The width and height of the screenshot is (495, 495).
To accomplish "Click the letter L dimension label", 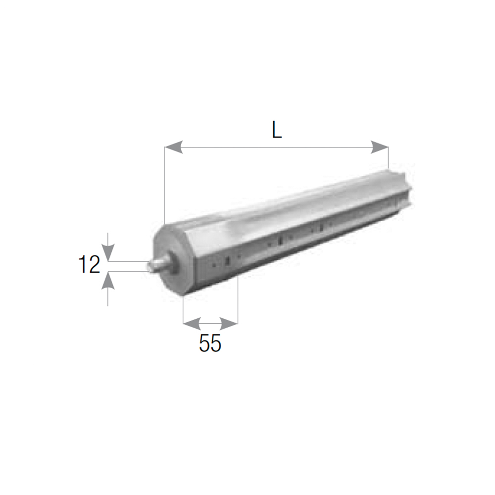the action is tap(277, 130).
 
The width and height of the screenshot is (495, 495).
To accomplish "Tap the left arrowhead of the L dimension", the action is tap(174, 147).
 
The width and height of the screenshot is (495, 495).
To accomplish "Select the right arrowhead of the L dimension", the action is tap(379, 147).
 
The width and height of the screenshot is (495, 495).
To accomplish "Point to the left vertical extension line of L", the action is tap(164, 186).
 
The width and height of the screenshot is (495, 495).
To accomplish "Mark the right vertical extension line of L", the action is tap(388, 158).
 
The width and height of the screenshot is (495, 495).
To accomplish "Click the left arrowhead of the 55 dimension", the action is tap(192, 323).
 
